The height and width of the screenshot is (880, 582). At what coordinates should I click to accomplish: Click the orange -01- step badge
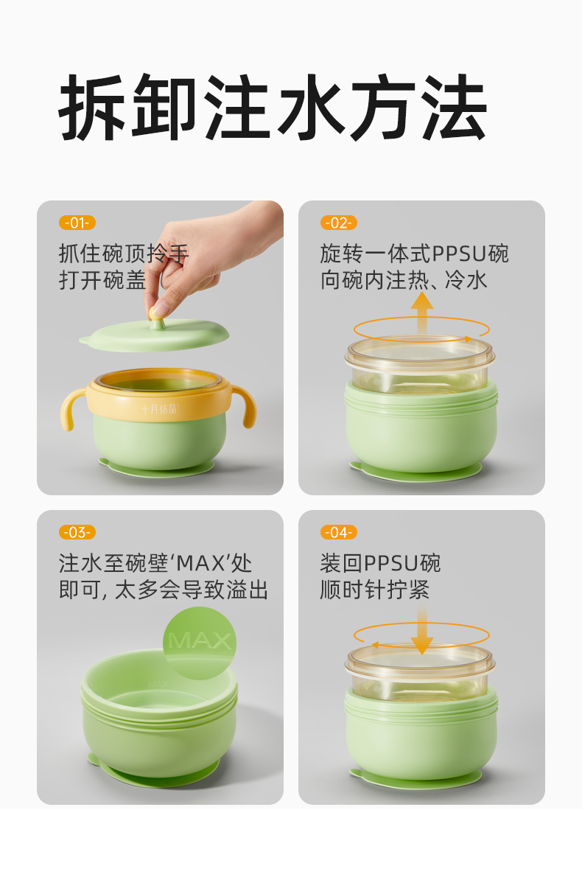point(77,223)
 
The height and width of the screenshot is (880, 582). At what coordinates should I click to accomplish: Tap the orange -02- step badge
point(338,223)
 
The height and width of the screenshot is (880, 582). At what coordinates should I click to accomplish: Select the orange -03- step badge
point(77,532)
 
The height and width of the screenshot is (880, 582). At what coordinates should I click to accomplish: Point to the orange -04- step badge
point(338,532)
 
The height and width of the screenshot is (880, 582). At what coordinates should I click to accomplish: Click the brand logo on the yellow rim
point(159,410)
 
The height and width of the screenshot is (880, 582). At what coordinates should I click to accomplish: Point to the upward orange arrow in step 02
point(421,314)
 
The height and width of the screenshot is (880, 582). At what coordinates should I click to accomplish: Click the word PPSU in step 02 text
point(458,254)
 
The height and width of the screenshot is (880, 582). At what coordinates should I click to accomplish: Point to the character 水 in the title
point(311,107)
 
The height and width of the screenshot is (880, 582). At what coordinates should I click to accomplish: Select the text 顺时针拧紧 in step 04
point(374,590)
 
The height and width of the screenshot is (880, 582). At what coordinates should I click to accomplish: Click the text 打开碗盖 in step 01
point(102,281)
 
